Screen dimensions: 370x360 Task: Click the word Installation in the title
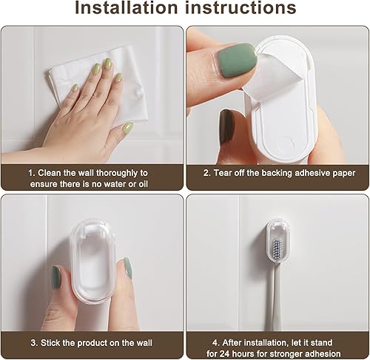point(127,7)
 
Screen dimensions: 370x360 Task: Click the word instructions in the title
point(240,7)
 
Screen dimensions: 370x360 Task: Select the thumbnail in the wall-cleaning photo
point(128,128)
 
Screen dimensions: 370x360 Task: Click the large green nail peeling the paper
point(235,60)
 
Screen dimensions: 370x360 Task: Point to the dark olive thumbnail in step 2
point(226,126)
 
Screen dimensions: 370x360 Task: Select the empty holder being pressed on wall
point(93,260)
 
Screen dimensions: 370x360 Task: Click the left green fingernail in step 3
point(56,277)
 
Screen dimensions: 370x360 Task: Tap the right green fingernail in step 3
point(127,268)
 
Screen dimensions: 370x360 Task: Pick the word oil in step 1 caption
point(143,184)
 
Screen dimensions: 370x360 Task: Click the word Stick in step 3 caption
point(50,343)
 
